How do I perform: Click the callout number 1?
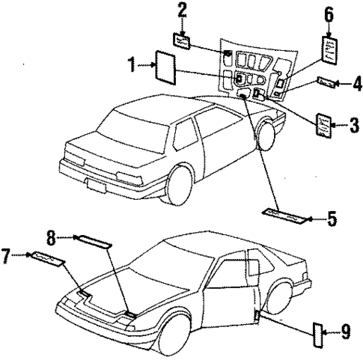(132, 65)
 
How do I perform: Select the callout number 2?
(181, 10)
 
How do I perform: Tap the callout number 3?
(354, 123)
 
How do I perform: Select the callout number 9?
(345, 329)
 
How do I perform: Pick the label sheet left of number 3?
(325, 123)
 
